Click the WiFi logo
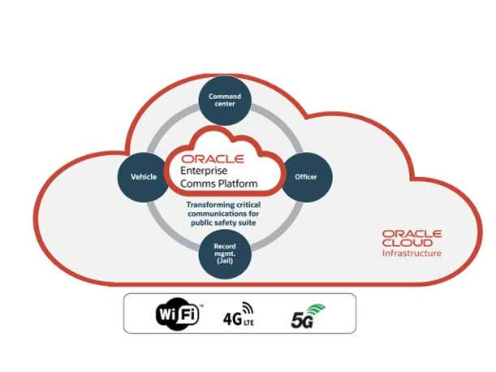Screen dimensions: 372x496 point(176,314)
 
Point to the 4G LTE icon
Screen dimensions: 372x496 point(238,314)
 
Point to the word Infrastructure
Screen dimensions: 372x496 point(412,253)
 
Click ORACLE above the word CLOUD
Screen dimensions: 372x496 point(412,233)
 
